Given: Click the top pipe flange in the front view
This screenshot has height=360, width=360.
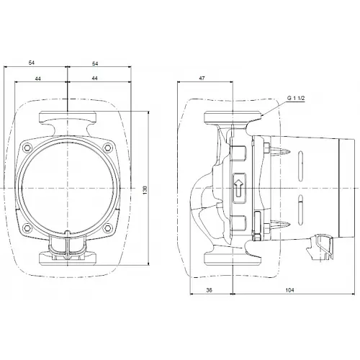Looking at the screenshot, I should tap(68, 116).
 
